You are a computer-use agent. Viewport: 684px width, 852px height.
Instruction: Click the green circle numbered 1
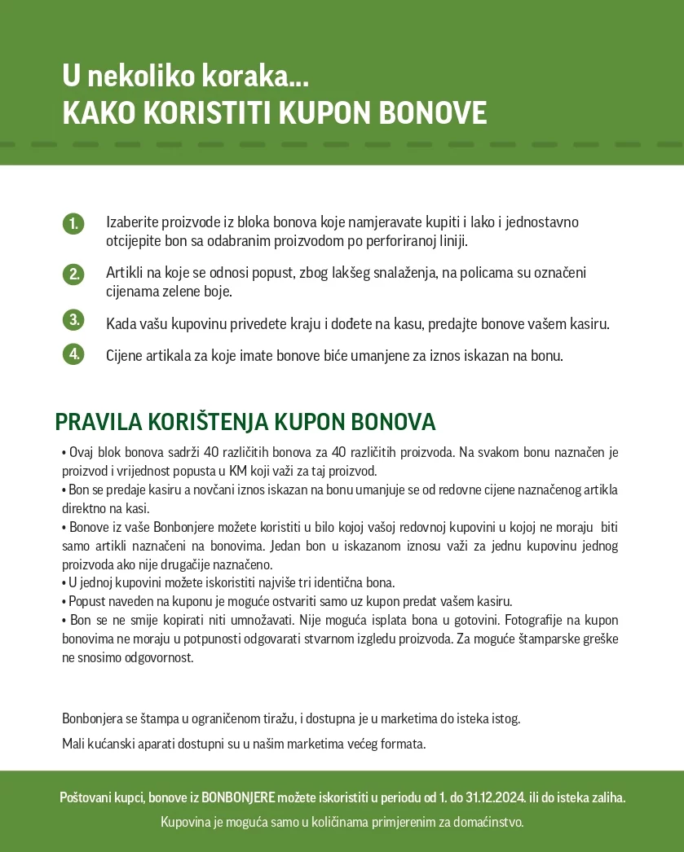tap(73, 223)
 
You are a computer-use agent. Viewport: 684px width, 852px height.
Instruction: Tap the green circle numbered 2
tap(73, 274)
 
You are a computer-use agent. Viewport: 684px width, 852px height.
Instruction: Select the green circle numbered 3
tap(73, 320)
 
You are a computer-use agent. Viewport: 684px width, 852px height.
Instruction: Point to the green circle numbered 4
tap(73, 354)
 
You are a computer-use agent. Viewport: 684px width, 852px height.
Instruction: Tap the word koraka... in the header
tap(252, 77)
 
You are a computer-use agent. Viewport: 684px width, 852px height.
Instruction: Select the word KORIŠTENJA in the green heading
tap(208, 422)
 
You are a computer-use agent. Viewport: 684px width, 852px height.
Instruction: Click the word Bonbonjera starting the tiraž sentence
tap(92, 718)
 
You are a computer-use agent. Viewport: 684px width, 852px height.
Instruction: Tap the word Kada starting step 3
tap(121, 324)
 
